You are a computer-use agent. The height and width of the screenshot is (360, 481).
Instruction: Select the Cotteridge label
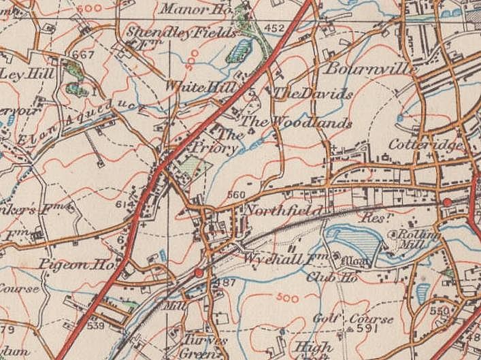[427, 146]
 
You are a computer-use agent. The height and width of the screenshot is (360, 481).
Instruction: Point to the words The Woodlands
[298, 123]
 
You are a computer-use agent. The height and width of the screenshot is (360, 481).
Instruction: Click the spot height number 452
[273, 28]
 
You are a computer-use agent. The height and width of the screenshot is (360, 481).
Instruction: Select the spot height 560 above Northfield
[235, 195]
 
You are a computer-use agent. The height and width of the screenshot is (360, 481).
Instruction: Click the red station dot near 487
[199, 273]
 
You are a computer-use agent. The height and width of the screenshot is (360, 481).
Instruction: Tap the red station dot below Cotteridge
[447, 202]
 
